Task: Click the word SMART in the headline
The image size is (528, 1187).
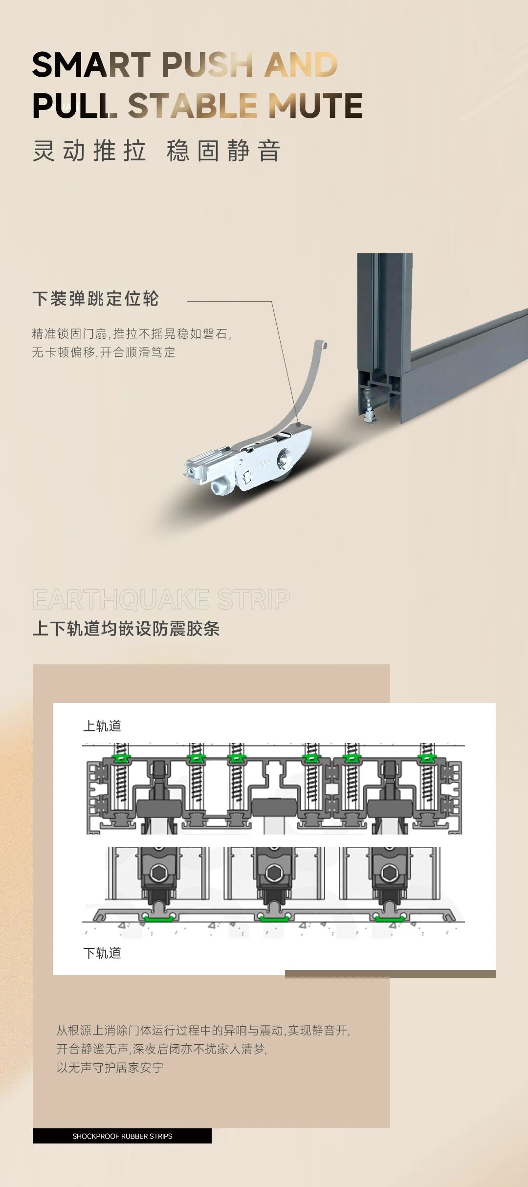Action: point(91,65)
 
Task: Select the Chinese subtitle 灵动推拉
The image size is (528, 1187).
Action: point(90,151)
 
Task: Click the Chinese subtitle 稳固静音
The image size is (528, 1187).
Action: point(223,151)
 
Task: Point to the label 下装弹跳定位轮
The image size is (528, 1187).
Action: point(96,299)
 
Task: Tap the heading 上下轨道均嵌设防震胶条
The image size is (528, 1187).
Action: point(126,629)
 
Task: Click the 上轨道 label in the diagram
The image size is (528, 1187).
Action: point(102,726)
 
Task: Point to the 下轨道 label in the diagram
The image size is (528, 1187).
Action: point(102,953)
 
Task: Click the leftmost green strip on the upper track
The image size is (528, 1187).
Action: point(120,759)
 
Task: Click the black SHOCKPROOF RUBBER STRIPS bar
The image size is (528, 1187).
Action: point(122,1136)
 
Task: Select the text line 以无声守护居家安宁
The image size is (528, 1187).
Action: point(110,1068)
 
